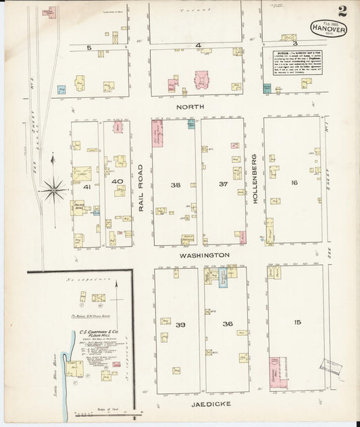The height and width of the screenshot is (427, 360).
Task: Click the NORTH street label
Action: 190,107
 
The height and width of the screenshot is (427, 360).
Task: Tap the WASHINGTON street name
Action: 204,255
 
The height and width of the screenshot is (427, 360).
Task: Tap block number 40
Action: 117,182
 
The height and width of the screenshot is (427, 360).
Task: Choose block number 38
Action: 176,184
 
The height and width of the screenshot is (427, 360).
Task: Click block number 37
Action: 224,184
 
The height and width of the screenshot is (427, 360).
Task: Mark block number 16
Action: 294,183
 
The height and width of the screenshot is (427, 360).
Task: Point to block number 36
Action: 228,324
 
